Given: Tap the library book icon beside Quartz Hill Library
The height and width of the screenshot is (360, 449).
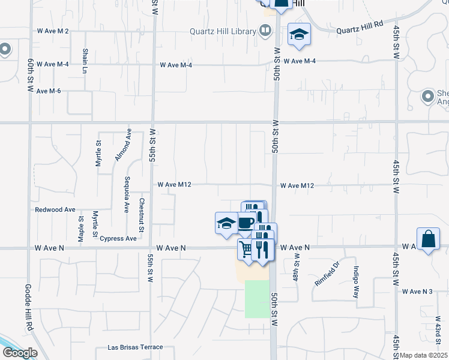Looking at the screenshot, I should [x=265, y=31].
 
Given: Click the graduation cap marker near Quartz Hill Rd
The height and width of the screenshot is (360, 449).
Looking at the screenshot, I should [x=298, y=35].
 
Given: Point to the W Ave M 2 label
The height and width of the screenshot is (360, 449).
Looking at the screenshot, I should [x=53, y=31].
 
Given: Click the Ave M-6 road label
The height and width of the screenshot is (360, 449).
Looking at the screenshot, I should [x=49, y=91].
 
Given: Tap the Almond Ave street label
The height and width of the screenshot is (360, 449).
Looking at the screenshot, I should [x=123, y=145].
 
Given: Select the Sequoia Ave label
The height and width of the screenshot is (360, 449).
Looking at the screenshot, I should [x=127, y=195].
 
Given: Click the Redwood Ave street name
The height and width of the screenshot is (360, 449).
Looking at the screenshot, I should [x=55, y=210].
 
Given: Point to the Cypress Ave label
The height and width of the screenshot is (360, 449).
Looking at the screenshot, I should [x=118, y=238].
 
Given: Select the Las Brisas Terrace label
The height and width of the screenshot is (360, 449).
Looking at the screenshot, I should [x=135, y=347].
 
